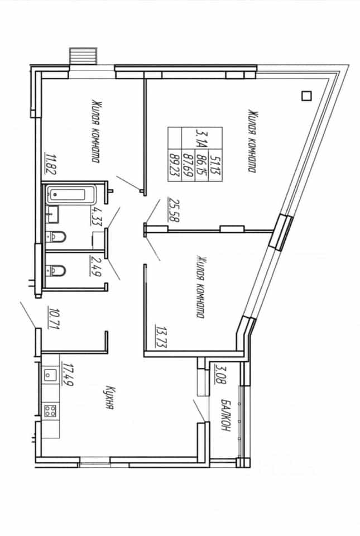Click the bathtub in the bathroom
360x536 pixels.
point(71,194)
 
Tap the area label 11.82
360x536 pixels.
point(51,164)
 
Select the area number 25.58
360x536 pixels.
point(174,210)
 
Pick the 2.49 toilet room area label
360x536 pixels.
point(95,266)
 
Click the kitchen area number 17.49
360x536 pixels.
point(68,375)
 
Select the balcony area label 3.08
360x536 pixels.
point(220,375)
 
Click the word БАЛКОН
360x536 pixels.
point(225,415)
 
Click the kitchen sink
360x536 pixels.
point(50,375)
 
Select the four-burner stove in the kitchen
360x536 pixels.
point(50,410)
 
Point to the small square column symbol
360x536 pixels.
point(307,96)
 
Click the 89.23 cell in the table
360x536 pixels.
point(175,164)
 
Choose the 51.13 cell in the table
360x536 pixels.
point(215,164)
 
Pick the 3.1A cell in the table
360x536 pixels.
point(201,138)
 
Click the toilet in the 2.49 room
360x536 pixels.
point(56,271)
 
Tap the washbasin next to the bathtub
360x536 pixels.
point(52,214)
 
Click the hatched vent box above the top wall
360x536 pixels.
point(83,56)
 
